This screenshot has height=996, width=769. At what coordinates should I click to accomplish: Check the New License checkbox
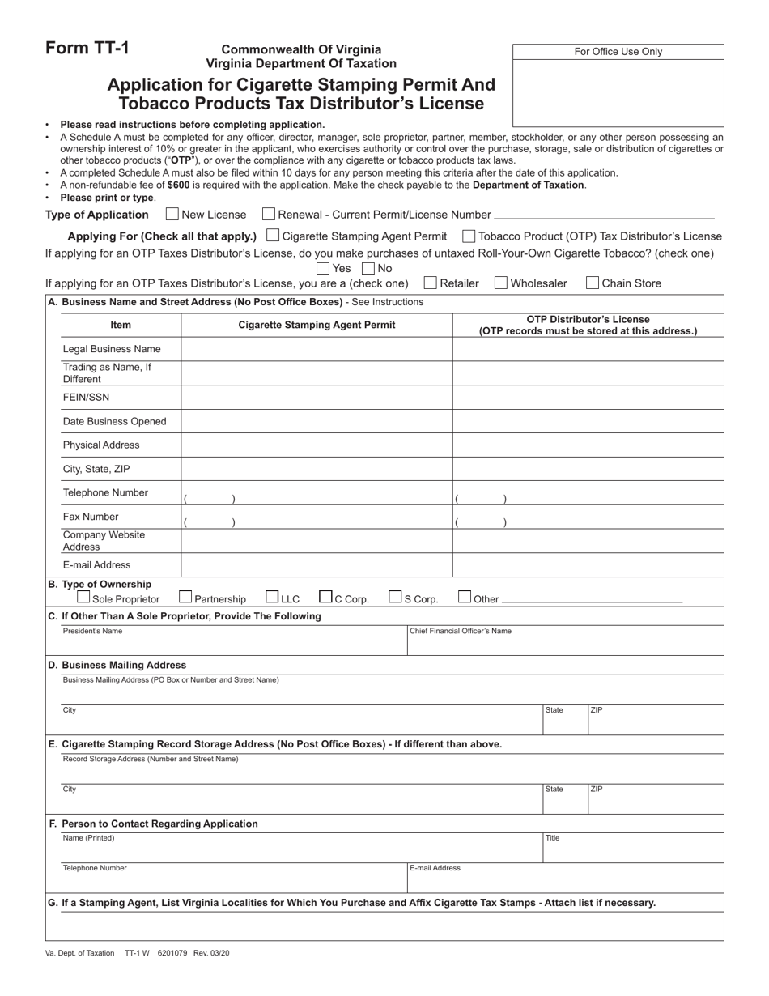point(172,215)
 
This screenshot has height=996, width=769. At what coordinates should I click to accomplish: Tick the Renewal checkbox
point(269,215)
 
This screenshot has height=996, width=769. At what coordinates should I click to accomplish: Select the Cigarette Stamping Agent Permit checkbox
point(273,236)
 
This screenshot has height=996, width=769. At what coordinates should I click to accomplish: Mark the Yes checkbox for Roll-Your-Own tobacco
point(323,268)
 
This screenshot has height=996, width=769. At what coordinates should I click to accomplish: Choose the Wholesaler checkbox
point(501,283)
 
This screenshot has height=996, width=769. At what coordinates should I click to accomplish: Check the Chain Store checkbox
point(593,283)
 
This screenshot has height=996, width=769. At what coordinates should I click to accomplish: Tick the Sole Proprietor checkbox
point(83,598)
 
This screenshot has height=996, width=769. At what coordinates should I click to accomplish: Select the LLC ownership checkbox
point(273,598)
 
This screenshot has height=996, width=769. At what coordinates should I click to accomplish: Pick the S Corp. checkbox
point(395,598)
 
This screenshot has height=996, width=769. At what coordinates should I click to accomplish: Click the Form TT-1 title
point(87,49)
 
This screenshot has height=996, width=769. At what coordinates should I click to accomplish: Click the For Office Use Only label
point(618,52)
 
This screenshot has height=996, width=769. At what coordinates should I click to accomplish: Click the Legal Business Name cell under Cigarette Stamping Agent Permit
point(316,349)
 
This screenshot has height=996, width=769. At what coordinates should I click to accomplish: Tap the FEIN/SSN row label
point(86,398)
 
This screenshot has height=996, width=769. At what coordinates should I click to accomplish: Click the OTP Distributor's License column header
point(588,325)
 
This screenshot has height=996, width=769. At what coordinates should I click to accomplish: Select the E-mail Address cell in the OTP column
point(588,565)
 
